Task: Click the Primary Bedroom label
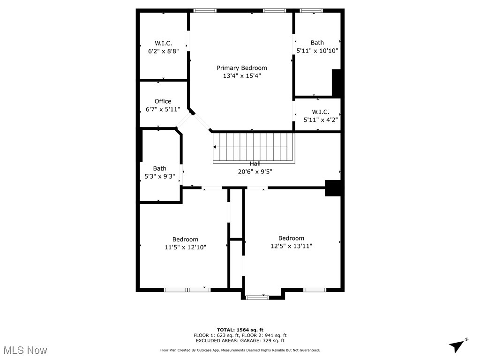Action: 241,68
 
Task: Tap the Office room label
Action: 163,101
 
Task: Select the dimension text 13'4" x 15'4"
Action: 241,76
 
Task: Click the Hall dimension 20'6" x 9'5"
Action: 255,172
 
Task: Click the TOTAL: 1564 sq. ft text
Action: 240,330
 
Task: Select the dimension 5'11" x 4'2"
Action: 321,120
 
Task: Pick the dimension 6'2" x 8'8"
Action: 163,51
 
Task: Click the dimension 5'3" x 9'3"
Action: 159,177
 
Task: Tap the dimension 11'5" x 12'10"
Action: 185,247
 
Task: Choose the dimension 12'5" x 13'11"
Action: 291,246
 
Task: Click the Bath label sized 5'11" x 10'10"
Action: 317,43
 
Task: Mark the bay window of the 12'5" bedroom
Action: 257,297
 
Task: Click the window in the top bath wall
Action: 311,10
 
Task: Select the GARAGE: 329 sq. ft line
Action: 240,341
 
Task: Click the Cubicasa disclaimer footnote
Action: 240,350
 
